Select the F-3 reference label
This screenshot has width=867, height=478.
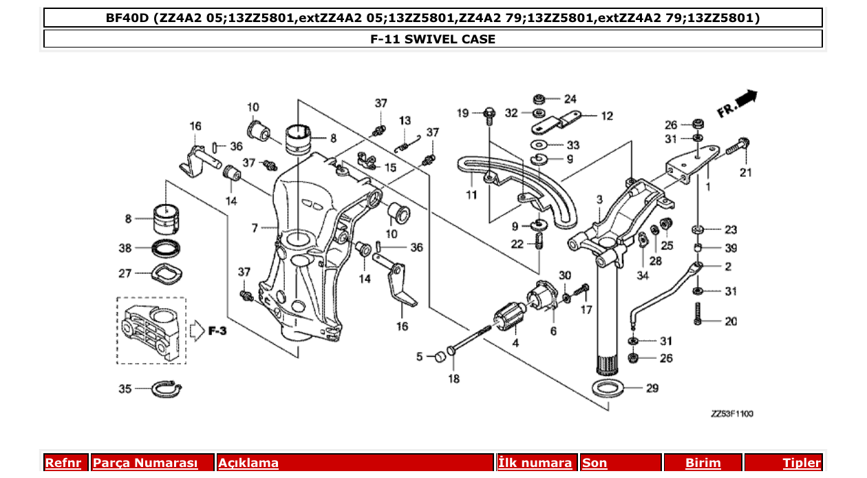click(217, 331)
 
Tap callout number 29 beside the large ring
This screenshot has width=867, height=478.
click(652, 388)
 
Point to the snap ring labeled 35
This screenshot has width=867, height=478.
click(166, 390)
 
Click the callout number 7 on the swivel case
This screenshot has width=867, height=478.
click(255, 227)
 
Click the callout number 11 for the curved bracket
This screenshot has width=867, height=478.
click(471, 195)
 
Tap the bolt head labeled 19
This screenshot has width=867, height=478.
click(489, 112)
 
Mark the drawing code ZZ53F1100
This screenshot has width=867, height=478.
click(732, 414)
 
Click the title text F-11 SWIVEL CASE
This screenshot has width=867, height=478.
click(433, 39)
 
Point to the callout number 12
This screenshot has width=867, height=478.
click(606, 116)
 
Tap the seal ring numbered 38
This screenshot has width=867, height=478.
click(167, 247)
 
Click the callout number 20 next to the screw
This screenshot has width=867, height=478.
click(730, 322)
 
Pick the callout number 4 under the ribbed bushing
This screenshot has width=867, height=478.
click(515, 342)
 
